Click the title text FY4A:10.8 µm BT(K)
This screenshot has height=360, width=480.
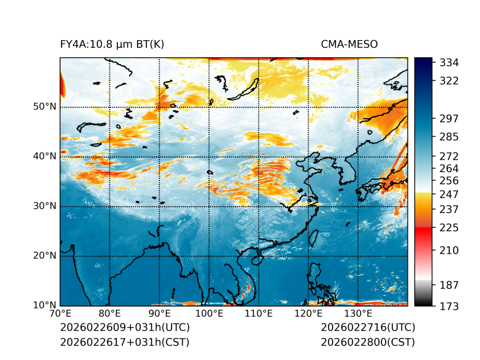tap(112, 45)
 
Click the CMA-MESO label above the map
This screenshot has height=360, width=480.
tap(349, 45)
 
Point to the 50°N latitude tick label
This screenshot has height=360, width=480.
tap(45, 107)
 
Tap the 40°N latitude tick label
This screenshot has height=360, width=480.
tap(45, 156)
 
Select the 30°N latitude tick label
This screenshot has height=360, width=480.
tap(45, 206)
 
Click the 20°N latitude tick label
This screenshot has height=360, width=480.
tap(45, 256)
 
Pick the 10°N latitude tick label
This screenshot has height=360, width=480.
tap(45, 305)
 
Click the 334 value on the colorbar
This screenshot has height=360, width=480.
tap(449, 63)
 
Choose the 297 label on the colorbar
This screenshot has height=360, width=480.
tap(449, 118)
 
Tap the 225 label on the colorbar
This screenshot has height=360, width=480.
tap(449, 227)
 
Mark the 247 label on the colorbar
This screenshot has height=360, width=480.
tap(449, 194)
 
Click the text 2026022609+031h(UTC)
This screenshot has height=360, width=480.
tap(124, 328)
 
